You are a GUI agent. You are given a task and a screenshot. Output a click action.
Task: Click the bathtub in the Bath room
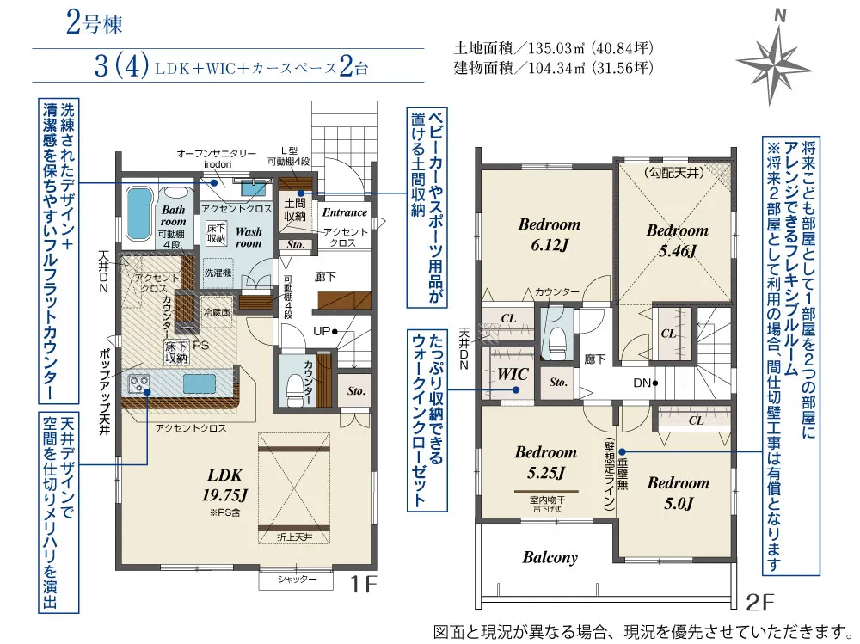138,214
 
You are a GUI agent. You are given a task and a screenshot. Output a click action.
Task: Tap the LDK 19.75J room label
224,486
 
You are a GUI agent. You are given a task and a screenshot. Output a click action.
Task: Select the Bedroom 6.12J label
549,234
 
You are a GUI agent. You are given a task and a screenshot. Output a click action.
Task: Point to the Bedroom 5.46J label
678,240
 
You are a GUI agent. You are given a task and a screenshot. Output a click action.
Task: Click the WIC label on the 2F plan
513,375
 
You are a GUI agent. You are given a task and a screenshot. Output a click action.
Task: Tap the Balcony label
550,557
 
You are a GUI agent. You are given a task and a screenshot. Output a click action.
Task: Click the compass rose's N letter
779,16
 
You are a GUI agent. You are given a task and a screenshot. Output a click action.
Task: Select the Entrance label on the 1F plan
345,212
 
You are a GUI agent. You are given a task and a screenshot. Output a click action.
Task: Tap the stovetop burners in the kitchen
139,383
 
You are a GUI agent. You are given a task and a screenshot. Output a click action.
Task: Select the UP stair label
322,331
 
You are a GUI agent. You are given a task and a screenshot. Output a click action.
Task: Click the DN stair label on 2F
642,383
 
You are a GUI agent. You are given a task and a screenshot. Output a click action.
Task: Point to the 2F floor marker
761,604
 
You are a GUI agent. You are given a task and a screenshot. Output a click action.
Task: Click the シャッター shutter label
297,580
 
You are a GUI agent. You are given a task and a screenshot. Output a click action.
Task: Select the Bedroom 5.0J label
678,493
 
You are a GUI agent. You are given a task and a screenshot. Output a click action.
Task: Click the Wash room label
249,237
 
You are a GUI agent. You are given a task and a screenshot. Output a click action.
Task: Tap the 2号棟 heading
94,23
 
